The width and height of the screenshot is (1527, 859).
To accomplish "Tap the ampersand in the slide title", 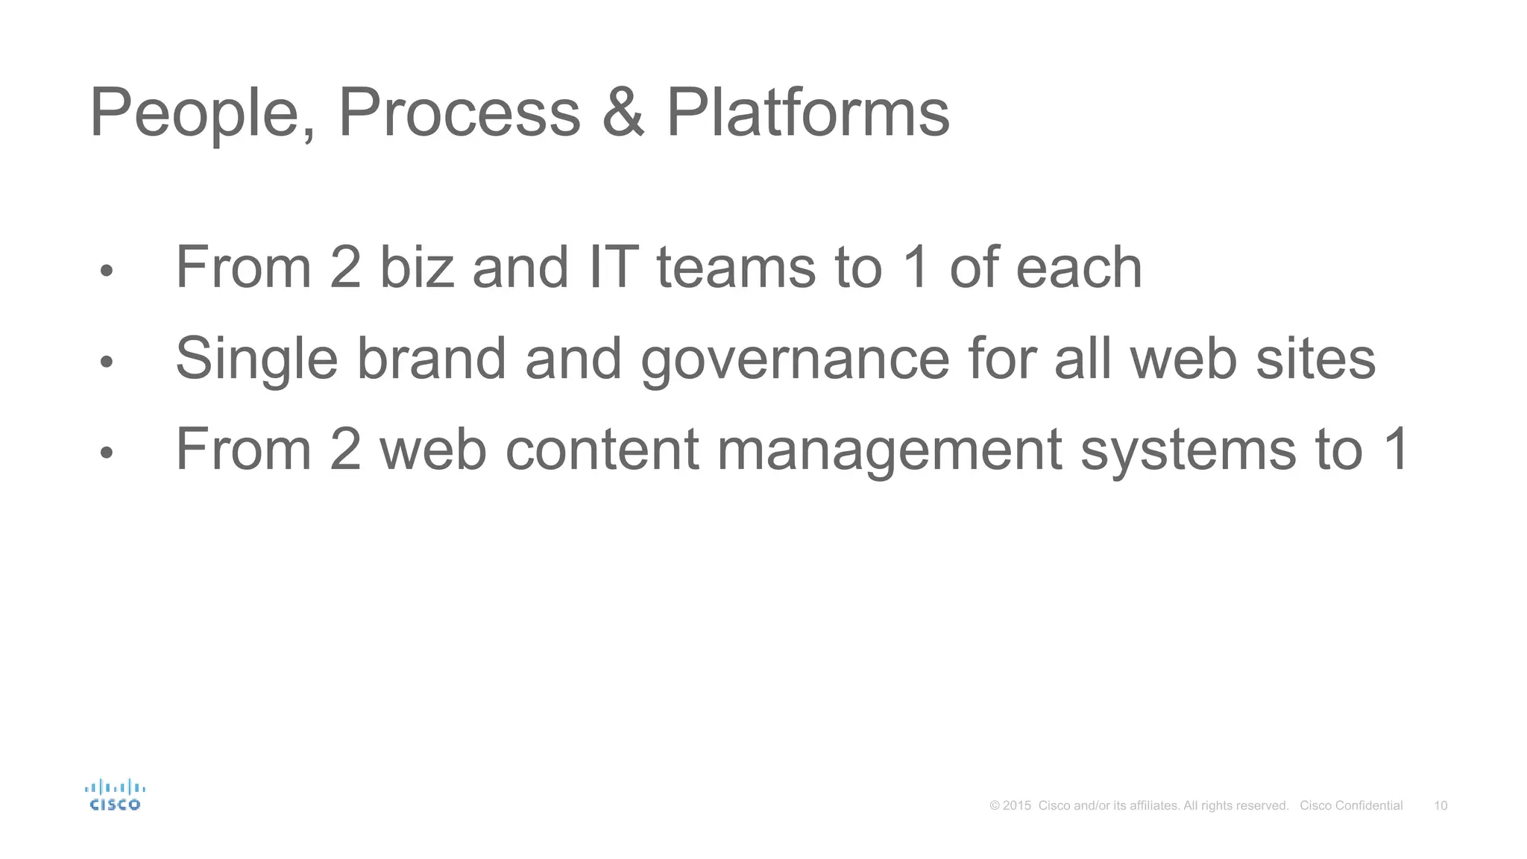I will pyautogui.click(x=623, y=113).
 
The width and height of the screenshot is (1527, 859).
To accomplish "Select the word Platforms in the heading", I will pyautogui.click(x=807, y=113).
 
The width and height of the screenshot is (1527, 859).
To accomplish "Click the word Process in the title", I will pyautogui.click(x=459, y=113).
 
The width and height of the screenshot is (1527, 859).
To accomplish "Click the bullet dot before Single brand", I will pyautogui.click(x=107, y=362).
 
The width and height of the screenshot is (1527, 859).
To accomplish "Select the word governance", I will pyautogui.click(x=795, y=359).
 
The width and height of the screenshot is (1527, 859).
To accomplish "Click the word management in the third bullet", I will pyautogui.click(x=889, y=450).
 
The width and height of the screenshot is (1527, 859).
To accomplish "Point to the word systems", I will pyautogui.click(x=1188, y=450).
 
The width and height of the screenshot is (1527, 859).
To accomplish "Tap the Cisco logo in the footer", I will pyautogui.click(x=115, y=795).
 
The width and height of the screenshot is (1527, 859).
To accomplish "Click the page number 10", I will pyautogui.click(x=1441, y=805).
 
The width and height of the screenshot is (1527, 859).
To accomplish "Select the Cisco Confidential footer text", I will pyautogui.click(x=1351, y=805).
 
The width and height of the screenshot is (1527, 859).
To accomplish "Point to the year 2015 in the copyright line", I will pyautogui.click(x=1017, y=805).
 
